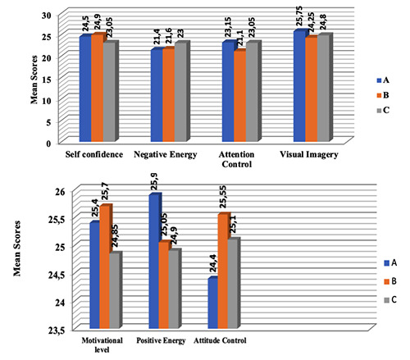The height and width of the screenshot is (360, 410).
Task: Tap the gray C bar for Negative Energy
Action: coord(181,93)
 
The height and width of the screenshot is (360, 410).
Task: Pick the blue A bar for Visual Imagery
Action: coord(298,86)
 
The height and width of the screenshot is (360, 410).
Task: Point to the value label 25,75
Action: coord(298,15)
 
